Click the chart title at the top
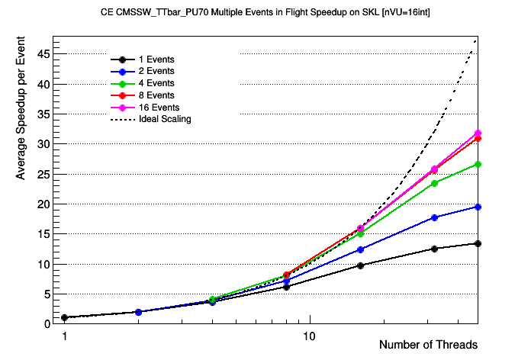[265, 13]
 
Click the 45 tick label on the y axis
[44, 54]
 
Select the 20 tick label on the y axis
[44, 204]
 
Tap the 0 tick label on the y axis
[47, 324]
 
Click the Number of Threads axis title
[428, 345]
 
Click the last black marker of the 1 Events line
[478, 243]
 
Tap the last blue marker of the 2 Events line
[478, 207]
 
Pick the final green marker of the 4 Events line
[478, 164]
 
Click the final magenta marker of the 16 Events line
[478, 133]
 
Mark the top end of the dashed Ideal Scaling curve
[477, 37]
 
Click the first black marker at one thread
[65, 317]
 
